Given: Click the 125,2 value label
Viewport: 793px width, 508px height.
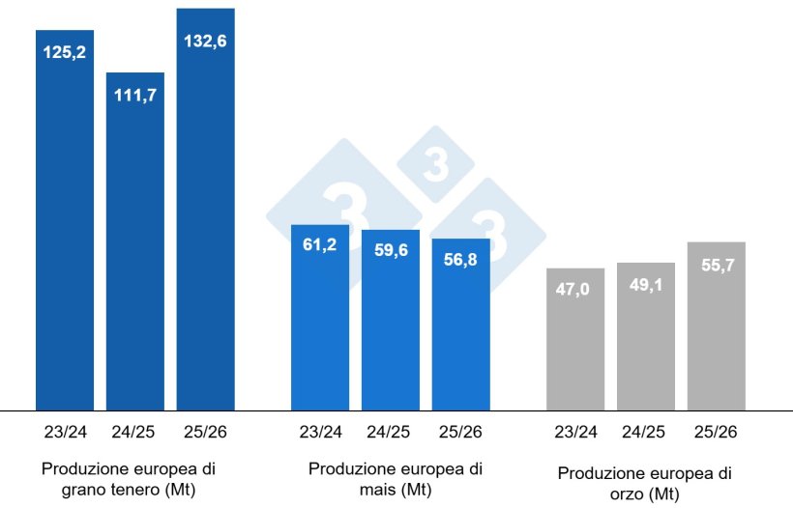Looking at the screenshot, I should (x=65, y=52).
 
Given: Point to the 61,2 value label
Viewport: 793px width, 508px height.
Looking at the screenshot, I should (x=320, y=245).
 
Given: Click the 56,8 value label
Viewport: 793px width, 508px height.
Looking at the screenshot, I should (x=460, y=260).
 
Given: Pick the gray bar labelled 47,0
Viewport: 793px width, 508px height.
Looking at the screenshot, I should (x=575, y=348).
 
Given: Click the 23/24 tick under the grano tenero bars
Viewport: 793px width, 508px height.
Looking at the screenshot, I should (x=65, y=431).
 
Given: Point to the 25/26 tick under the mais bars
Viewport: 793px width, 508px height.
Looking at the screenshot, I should (x=460, y=431).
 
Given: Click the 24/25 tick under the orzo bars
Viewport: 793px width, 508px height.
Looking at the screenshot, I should (x=645, y=431).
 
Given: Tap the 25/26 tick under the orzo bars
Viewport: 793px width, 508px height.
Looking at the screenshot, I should (x=716, y=431).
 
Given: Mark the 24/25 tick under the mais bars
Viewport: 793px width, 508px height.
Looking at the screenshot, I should (x=390, y=431).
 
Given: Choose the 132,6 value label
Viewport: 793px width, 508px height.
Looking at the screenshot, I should (x=205, y=42).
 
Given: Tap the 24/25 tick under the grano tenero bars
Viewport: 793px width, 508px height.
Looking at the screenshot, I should (x=135, y=431).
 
